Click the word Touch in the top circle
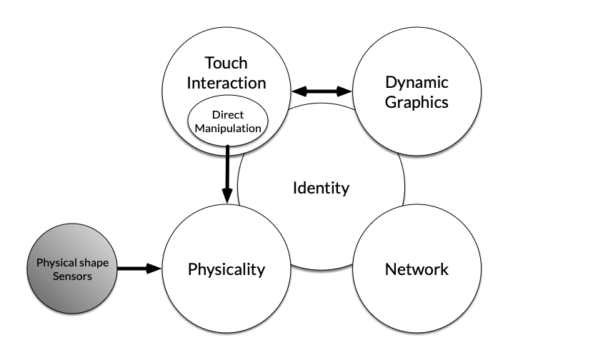tap(226, 63)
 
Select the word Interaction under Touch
tap(226, 82)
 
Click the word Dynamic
tap(417, 83)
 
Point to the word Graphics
tap(417, 102)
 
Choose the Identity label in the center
tap(321, 188)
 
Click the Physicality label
tap(226, 269)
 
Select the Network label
tap(417, 269)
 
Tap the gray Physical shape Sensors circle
tap(72, 269)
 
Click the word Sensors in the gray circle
tap(72, 276)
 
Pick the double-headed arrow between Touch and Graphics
tap(322, 91)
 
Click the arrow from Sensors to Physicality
tap(139, 269)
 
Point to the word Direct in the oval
tap(228, 114)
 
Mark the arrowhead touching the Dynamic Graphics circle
tap(345, 91)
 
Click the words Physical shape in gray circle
tap(72, 262)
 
